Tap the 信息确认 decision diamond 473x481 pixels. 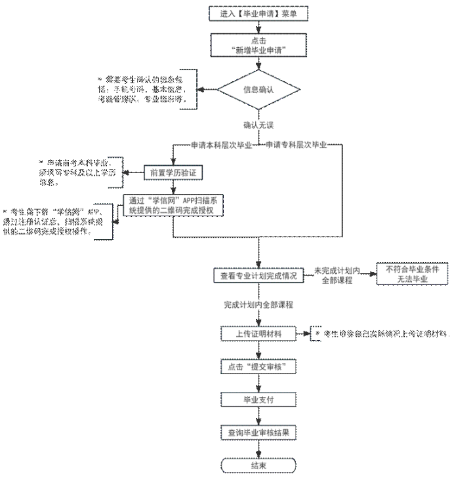tap(258, 90)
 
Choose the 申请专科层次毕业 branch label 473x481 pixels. tap(295, 145)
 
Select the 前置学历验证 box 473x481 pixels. tap(173, 173)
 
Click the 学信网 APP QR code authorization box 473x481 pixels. tap(173, 205)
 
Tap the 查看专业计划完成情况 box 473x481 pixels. tap(258, 276)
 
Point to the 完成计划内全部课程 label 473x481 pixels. tap(258, 306)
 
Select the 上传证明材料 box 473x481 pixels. tap(258, 334)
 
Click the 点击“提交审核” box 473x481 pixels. tap(258, 366)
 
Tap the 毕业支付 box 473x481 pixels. tap(258, 398)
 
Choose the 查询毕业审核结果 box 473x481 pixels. tap(258, 433)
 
